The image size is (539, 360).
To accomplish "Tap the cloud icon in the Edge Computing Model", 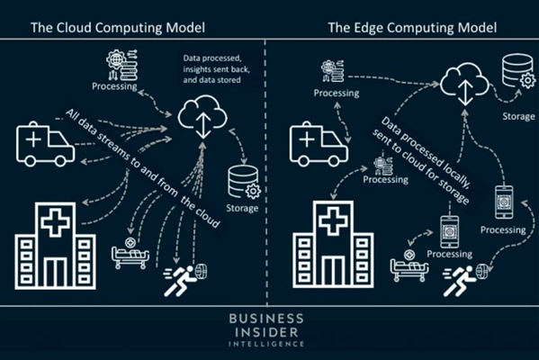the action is pyautogui.click(x=464, y=84).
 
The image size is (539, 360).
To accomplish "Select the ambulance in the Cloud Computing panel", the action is pyautogui.click(x=45, y=144).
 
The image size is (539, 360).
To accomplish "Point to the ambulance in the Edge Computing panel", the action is pyautogui.click(x=319, y=144).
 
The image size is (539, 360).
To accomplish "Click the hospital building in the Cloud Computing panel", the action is pyautogui.click(x=56, y=246).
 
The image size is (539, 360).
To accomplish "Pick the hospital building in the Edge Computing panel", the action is pyautogui.click(x=333, y=245).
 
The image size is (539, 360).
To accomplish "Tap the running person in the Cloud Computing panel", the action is pyautogui.click(x=181, y=281).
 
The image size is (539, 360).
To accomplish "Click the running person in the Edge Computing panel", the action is pyautogui.click(x=460, y=281).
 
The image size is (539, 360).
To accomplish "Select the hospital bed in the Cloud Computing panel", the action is pyautogui.click(x=130, y=253).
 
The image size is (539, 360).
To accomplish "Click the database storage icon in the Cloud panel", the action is pyautogui.click(x=245, y=182).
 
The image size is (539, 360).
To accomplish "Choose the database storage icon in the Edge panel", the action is pyautogui.click(x=518, y=71).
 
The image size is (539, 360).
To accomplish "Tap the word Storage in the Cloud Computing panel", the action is pyautogui.click(x=242, y=208).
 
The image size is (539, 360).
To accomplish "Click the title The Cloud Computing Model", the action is pyautogui.click(x=118, y=27).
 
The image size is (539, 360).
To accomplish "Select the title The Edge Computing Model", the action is pyautogui.click(x=412, y=27).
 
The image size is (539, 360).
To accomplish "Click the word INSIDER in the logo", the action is pyautogui.click(x=266, y=332).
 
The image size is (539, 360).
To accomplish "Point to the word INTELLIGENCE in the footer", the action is pyautogui.click(x=266, y=344).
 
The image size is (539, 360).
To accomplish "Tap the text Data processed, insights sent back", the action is pyautogui.click(x=217, y=64).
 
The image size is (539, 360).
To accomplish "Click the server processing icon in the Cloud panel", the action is pyautogui.click(x=122, y=65).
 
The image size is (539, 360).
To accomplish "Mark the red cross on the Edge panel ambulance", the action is pyautogui.click(x=307, y=139).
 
